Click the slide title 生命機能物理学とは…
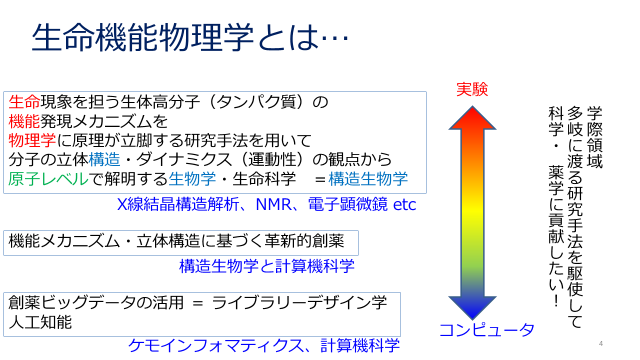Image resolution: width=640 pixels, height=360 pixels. (x=190, y=37)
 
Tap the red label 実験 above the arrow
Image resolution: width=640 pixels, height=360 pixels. (x=472, y=89)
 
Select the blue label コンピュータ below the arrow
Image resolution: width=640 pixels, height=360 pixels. (x=486, y=329)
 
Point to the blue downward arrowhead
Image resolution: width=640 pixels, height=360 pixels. (x=472, y=307)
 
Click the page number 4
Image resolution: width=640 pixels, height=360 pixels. (x=601, y=343)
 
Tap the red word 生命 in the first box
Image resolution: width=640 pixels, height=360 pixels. (x=24, y=102)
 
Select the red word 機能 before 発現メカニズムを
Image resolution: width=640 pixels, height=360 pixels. (x=24, y=121)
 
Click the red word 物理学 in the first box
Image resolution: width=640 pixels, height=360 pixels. (x=32, y=140)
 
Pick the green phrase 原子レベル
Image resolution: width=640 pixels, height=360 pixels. (x=48, y=179)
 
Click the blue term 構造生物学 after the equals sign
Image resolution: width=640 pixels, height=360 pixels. (x=368, y=179)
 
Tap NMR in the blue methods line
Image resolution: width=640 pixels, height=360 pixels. (x=273, y=204)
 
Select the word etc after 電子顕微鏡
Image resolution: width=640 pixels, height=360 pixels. (x=404, y=204)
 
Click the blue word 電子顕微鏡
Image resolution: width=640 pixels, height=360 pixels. (x=347, y=204)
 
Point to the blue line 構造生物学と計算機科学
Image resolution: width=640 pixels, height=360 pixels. (x=267, y=266)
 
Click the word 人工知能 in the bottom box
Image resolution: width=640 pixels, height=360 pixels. (x=40, y=322)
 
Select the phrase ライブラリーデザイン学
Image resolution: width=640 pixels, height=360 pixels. (x=299, y=302)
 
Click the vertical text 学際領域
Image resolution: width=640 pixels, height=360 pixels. (x=594, y=137)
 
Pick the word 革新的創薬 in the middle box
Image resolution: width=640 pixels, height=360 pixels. (x=304, y=241)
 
